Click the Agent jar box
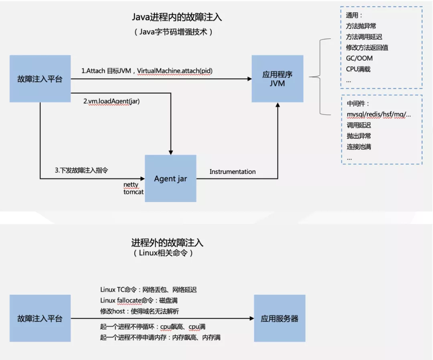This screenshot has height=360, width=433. point(170,178)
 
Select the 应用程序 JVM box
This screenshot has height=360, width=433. point(277,79)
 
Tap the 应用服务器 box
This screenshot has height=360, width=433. point(279,319)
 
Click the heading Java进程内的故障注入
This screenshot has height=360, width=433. point(177,17)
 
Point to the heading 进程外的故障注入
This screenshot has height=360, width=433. point(167,243)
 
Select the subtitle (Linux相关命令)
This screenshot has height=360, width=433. point(163,253)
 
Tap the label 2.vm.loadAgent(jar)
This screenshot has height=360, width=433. point(111,101)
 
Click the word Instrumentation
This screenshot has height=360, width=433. point(233,172)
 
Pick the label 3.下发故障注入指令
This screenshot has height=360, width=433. point(81,170)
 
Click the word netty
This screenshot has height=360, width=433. point(131,184)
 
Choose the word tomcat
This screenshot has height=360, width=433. point(134,192)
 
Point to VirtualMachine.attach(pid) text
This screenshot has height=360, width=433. point(175,71)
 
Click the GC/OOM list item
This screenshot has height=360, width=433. point(359,58)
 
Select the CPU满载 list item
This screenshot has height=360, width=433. point(358,69)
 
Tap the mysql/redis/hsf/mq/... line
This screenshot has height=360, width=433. point(378,115)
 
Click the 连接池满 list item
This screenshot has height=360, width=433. point(359,147)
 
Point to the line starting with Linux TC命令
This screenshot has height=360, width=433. point(148,289)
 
